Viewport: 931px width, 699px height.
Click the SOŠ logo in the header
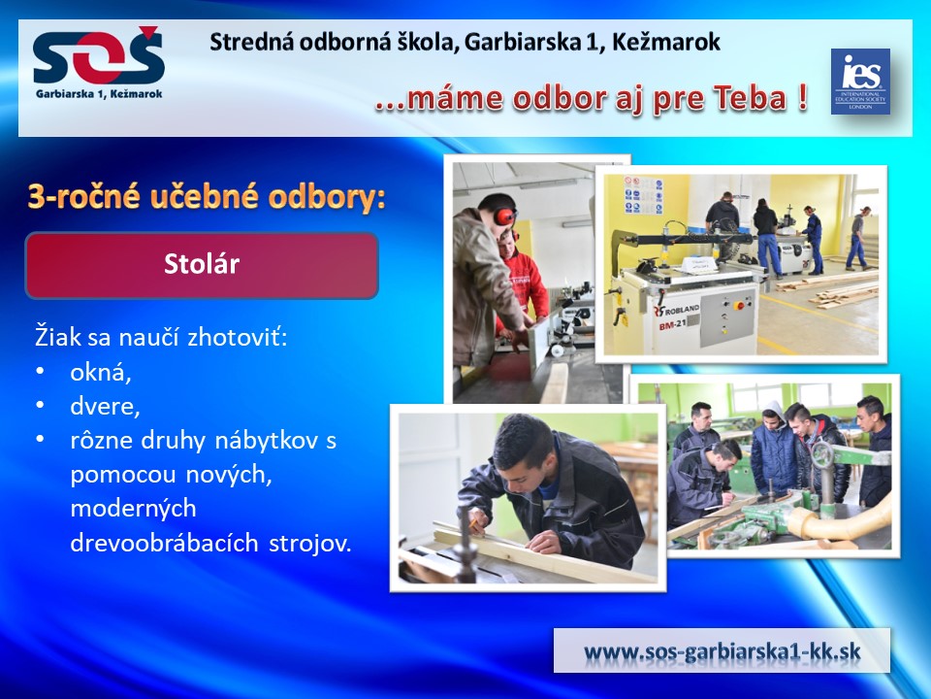click(x=99, y=62)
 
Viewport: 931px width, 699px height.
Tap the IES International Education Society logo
click(x=860, y=82)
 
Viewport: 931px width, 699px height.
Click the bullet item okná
click(x=100, y=372)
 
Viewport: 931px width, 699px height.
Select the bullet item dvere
click(x=105, y=406)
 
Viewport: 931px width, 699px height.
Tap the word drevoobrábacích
click(x=165, y=543)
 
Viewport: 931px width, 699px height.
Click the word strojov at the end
click(x=310, y=544)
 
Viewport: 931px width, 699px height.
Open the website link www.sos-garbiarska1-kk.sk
click(x=722, y=650)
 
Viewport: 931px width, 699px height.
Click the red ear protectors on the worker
click(x=504, y=215)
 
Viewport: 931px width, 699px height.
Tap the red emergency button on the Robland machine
click(x=739, y=306)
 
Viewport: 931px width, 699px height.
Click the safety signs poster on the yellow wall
click(x=643, y=194)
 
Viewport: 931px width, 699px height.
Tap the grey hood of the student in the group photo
click(x=773, y=410)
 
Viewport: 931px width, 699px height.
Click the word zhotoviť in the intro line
click(x=238, y=337)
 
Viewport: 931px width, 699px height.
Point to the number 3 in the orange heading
click(x=36, y=196)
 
